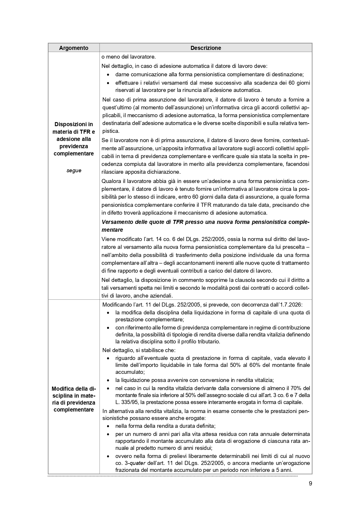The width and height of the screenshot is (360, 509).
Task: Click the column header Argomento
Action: [x=74, y=48]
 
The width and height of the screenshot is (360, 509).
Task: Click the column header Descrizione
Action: [x=206, y=48]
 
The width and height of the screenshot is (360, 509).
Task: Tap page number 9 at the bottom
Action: [x=310, y=483]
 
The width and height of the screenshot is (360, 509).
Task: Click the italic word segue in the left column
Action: [x=74, y=171]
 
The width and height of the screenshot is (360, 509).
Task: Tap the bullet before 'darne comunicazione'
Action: [x=108, y=75]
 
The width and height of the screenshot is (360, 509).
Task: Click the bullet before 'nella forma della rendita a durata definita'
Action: [x=108, y=426]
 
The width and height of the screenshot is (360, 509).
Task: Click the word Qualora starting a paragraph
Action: [x=111, y=181]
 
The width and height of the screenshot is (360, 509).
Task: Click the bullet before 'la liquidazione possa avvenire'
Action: [x=108, y=380]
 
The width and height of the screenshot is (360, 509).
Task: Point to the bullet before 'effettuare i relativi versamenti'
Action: [x=108, y=83]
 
